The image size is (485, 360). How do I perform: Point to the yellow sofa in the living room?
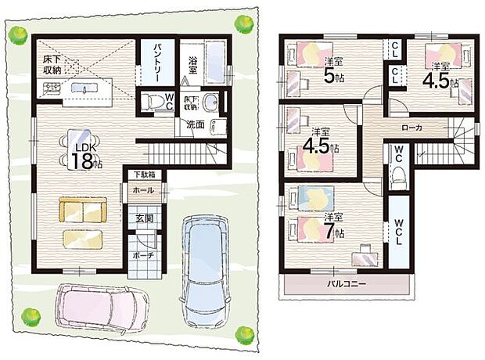coord(82,211)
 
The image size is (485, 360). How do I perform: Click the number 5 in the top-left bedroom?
coord(329,77)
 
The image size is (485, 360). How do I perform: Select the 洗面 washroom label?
coord(196,124)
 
